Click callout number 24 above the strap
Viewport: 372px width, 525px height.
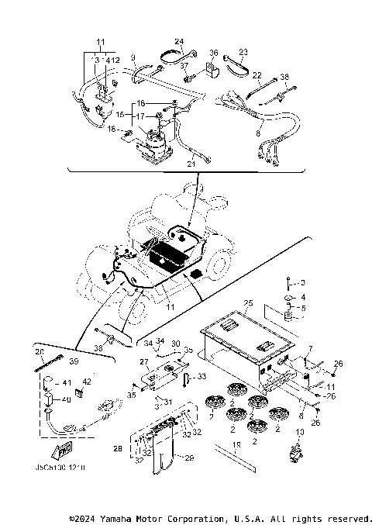tap(179, 41)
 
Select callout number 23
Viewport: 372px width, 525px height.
tap(243, 53)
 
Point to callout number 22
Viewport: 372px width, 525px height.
tap(257, 75)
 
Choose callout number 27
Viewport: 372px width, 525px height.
tap(143, 361)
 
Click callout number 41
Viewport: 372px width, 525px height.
tap(67, 383)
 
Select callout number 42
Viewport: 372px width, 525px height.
tap(87, 382)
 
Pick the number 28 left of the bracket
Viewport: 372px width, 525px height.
tap(117, 448)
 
